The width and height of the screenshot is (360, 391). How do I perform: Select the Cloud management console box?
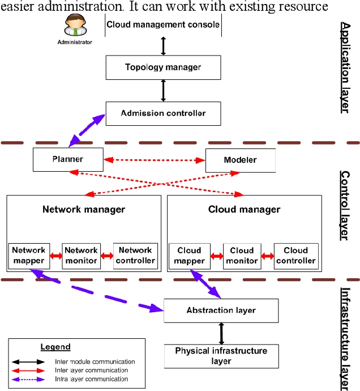pos(163,25)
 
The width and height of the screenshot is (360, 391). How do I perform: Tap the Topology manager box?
pos(163,67)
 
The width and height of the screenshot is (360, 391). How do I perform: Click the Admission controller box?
pos(163,113)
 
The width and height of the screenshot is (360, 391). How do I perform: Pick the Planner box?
pos(68,159)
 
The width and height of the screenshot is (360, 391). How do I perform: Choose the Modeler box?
pos(240,160)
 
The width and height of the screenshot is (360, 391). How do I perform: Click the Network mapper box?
pos(28,256)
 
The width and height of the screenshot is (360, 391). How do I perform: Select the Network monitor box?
pos(81,256)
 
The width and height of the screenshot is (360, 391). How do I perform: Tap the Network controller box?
pos(135,256)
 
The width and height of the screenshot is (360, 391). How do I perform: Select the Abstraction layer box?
pos(221,311)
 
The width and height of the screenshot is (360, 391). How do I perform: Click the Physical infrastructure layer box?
pos(221,356)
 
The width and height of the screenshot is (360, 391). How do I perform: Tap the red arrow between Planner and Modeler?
pos(154,160)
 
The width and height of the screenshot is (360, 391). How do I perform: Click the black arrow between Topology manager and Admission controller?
pos(164,90)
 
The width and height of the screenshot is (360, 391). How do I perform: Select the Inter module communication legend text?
pos(95,362)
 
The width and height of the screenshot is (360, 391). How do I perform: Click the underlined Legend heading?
pos(55,347)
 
